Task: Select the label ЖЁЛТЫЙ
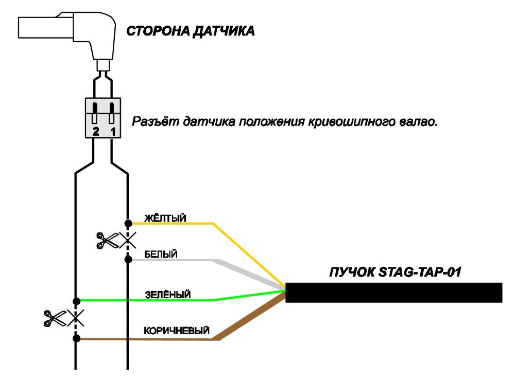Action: click(165, 218)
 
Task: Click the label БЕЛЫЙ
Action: click(161, 254)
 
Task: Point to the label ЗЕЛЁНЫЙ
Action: click(167, 295)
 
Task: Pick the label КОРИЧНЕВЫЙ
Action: click(177, 331)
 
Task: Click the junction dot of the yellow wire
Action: click(128, 224)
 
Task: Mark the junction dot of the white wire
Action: click(128, 260)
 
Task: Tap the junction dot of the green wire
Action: click(77, 301)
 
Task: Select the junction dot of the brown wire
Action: click(77, 338)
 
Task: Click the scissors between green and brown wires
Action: click(55, 318)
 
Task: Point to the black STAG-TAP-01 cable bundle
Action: click(394, 293)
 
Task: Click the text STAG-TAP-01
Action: click(420, 272)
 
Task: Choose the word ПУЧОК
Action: click(352, 272)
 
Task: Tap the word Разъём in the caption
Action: click(156, 122)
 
